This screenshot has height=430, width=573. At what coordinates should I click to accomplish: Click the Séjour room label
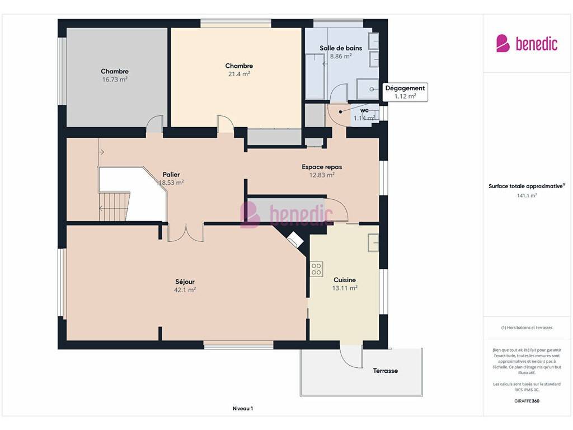[185, 282]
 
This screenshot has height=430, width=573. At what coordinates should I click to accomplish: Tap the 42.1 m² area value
[185, 290]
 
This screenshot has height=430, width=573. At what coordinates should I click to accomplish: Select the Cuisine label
[345, 280]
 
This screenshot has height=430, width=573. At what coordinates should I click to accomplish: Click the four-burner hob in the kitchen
[317, 269]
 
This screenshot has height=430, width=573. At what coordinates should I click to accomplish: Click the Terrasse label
[385, 371]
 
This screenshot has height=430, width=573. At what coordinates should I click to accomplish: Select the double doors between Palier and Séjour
[186, 233]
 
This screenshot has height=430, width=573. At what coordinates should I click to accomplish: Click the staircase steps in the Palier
[114, 207]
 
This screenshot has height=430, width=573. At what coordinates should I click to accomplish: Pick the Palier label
[171, 175]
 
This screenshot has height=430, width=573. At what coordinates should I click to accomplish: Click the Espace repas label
[322, 167]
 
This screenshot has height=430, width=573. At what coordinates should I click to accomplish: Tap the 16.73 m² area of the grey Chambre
[115, 80]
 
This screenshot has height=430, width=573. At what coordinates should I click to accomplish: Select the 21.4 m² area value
[239, 74]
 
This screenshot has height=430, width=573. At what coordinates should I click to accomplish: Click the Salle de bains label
[341, 48]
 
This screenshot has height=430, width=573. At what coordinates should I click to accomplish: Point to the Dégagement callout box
[405, 92]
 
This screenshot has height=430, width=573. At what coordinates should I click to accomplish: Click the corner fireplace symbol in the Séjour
[295, 239]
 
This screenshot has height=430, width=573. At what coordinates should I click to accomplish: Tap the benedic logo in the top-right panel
[527, 44]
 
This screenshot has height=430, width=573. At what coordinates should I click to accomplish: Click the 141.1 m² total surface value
[527, 195]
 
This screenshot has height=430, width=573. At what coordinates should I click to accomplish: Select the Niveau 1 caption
[243, 408]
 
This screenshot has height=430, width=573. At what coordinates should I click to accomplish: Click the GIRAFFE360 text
[527, 401]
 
